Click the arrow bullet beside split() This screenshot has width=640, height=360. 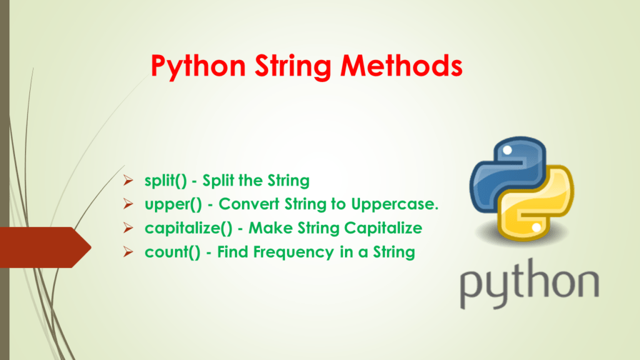[127, 181]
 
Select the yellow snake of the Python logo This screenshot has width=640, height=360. [544, 212]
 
